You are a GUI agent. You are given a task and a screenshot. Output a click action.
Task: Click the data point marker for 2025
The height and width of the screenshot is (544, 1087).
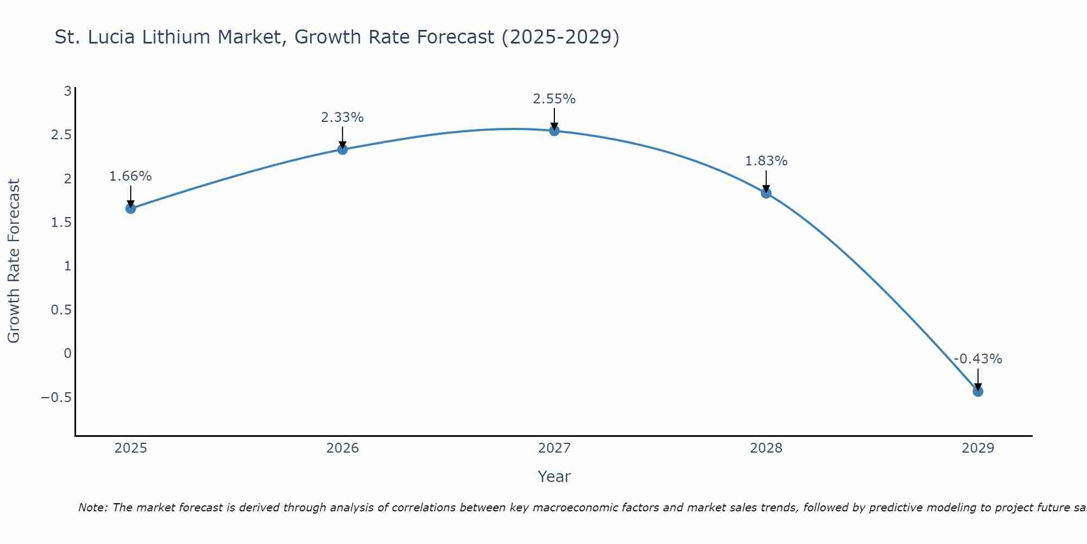[130, 208]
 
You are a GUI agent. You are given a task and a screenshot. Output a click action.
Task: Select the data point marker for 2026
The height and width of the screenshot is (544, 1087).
[342, 149]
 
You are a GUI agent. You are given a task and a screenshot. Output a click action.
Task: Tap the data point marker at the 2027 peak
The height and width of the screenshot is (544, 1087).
[554, 131]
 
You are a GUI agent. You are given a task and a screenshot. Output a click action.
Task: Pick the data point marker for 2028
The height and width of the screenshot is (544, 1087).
[766, 193]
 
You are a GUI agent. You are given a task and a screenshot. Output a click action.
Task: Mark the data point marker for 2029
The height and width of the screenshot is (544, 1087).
[978, 391]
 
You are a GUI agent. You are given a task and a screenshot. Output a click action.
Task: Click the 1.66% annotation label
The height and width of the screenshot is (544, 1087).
[130, 176]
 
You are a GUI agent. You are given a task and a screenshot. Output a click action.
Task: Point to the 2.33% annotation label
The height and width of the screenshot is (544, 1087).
[342, 118]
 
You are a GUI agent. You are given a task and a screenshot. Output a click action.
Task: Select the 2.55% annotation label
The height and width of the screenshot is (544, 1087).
[554, 99]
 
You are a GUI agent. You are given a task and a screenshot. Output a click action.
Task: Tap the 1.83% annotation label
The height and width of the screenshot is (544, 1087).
[766, 161]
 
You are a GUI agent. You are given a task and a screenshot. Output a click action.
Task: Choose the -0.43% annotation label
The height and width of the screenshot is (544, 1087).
[978, 359]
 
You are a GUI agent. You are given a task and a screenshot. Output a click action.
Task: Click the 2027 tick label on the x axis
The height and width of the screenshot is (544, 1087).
[554, 448]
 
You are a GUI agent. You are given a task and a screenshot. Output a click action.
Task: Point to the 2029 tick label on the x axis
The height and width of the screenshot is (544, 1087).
[978, 448]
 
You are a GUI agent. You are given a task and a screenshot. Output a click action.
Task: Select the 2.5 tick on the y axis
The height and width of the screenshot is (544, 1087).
[61, 135]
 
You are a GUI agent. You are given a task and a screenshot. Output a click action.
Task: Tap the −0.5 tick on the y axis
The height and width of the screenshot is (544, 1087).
[56, 398]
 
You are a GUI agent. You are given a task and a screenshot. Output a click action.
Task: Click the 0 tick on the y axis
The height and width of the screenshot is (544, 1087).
[67, 354]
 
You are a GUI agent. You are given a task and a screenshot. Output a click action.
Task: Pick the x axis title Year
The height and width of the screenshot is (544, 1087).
[554, 477]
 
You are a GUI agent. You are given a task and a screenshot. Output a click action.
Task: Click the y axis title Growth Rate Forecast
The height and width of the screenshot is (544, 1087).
[14, 261]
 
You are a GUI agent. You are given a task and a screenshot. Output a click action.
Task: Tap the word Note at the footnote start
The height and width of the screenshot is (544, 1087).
[93, 508]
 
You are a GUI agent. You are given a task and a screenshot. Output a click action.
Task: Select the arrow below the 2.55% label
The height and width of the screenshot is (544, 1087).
[554, 119]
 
